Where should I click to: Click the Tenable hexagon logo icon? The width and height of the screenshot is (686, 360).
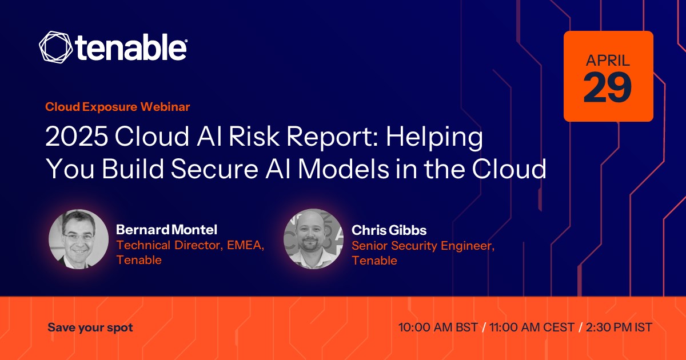coord(56,47)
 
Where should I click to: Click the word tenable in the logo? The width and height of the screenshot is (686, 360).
coord(131,47)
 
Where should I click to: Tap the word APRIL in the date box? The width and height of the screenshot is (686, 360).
coord(608,61)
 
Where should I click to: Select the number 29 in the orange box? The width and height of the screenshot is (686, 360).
coord(608,87)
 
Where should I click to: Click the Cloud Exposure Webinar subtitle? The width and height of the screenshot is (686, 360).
coord(118,107)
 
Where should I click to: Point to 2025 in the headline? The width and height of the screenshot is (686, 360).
coord(77,137)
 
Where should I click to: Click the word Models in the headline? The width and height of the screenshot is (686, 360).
coord(344,169)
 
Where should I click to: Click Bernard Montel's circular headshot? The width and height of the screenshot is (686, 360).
coord(78,239)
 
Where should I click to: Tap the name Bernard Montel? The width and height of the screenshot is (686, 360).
coord(166,230)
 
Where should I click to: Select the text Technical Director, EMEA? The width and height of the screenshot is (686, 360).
coord(190,245)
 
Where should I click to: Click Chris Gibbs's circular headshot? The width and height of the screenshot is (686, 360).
coord(314,239)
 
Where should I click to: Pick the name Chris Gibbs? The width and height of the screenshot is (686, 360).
coord(389,230)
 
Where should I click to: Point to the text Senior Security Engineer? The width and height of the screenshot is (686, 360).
coord(423,246)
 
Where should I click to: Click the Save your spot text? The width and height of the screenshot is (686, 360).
coord(90,328)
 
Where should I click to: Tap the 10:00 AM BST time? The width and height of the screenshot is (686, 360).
coord(438,327)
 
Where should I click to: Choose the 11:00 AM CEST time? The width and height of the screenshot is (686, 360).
coord(532,327)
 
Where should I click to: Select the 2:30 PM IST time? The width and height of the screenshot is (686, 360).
coord(619,327)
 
